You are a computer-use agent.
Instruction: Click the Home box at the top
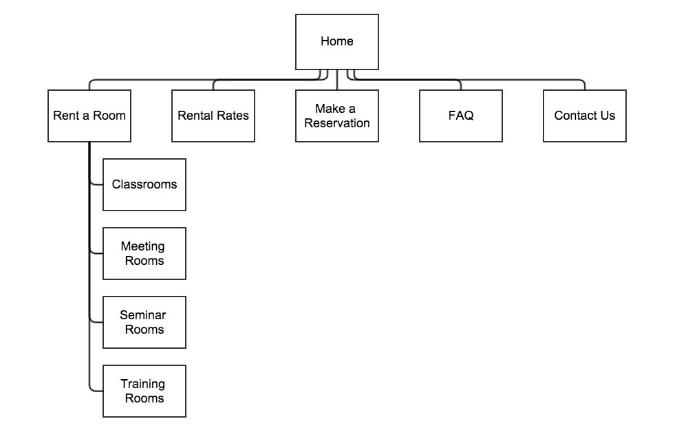(337, 42)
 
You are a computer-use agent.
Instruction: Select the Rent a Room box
(89, 116)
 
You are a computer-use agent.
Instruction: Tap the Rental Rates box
(213, 116)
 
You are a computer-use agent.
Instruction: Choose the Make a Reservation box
(337, 116)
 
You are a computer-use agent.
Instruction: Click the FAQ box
(461, 116)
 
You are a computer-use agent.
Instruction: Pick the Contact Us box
(584, 116)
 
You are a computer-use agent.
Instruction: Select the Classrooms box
(144, 184)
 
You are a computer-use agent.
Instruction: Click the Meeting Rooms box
(144, 254)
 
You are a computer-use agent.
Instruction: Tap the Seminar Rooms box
(144, 323)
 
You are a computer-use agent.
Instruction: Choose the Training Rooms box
(144, 391)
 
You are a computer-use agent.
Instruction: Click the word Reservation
(337, 123)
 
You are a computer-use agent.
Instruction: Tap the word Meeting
(142, 246)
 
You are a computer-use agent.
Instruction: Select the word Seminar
(142, 315)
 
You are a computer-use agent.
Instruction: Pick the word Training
(142, 385)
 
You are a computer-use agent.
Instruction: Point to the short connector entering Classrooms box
(96, 184)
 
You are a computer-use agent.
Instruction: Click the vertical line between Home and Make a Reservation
(337, 80)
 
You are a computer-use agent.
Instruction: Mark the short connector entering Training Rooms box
(96, 391)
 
